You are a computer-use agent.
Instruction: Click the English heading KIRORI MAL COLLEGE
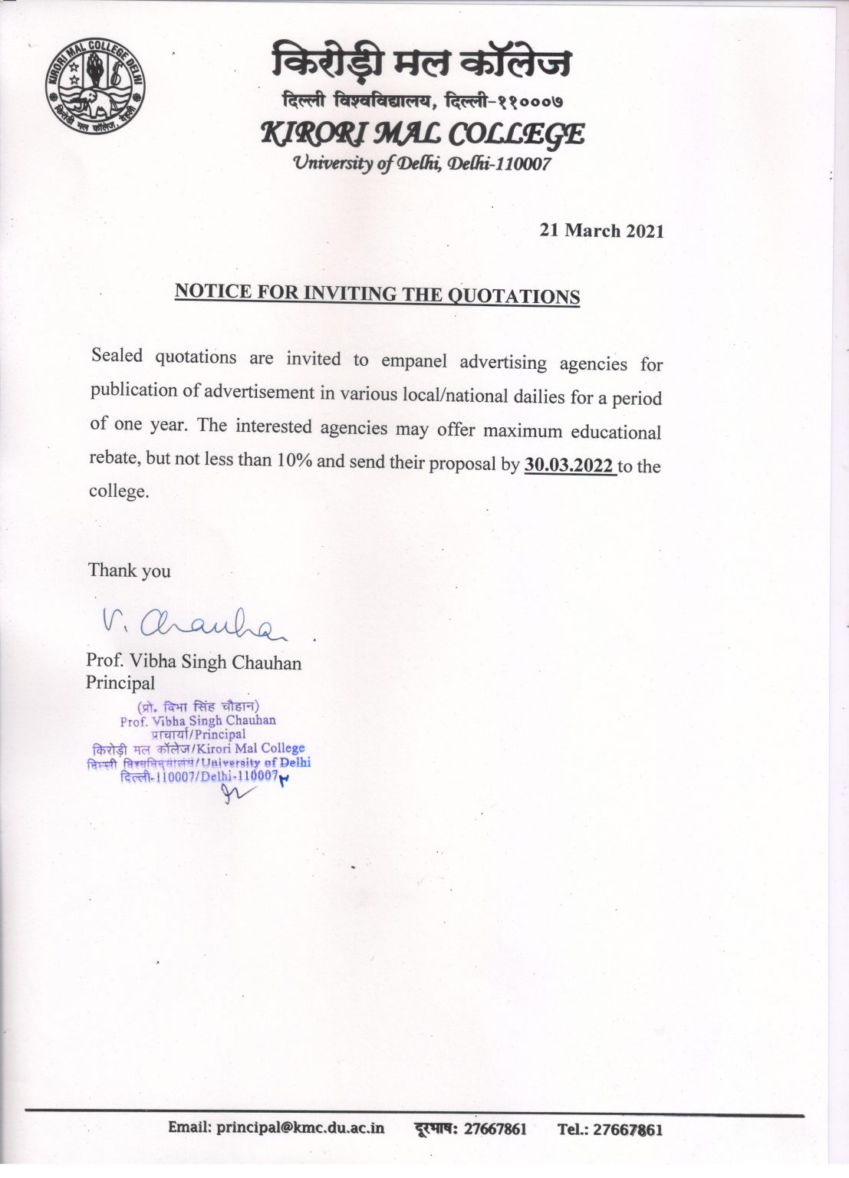tap(423, 134)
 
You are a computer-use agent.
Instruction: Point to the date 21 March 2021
tap(601, 231)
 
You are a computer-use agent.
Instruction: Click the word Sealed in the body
tap(117, 355)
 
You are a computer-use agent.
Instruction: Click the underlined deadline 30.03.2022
tap(568, 466)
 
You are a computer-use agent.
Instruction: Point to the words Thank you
tap(129, 571)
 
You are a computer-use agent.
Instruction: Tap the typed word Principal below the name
tap(120, 683)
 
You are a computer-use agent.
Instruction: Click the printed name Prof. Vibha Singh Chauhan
tap(193, 662)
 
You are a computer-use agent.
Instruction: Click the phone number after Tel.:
tap(628, 1129)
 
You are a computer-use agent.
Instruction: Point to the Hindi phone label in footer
tap(435, 1128)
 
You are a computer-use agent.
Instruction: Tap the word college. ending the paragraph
tap(119, 492)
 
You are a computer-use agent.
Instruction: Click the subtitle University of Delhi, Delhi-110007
tap(422, 163)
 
